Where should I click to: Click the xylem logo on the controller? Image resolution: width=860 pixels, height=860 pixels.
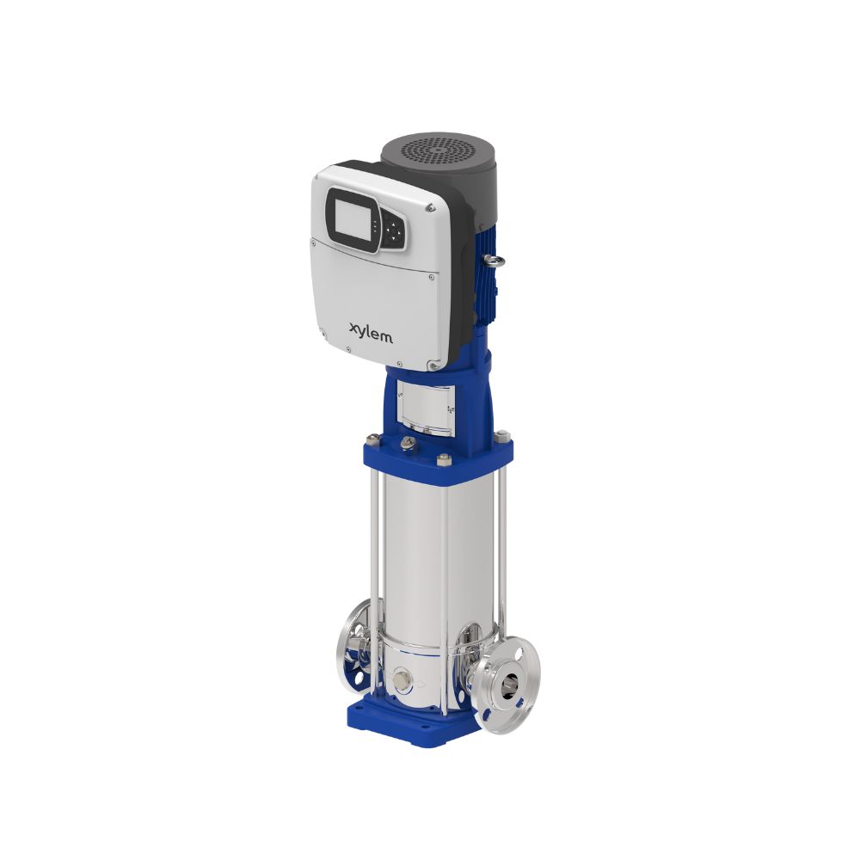pyautogui.click(x=372, y=332)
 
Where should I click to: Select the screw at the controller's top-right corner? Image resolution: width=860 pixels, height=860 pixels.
pyautogui.click(x=428, y=207)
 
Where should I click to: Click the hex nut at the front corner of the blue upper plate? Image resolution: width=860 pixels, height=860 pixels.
pyautogui.click(x=444, y=460)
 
